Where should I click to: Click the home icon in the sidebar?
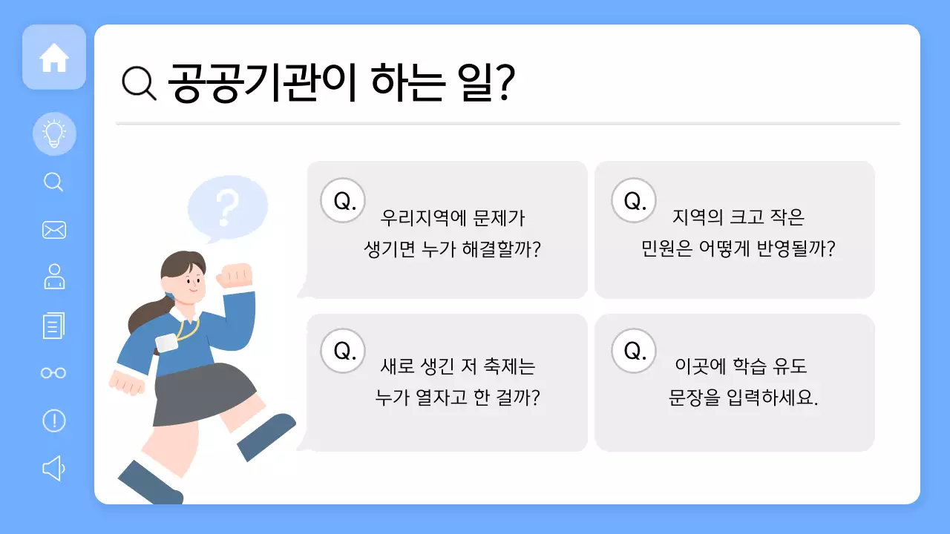[54, 58]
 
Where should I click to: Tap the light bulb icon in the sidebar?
[54, 134]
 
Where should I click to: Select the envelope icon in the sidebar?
[54, 230]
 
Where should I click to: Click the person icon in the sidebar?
[54, 277]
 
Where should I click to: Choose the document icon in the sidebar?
[54, 325]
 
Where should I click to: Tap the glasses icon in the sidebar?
[53, 372]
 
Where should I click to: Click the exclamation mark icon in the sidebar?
[54, 421]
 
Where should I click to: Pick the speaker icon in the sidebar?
[53, 468]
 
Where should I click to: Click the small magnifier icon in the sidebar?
[53, 182]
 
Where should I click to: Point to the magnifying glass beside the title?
[139, 82]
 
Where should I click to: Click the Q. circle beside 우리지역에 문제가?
[343, 200]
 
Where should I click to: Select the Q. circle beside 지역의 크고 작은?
[634, 200]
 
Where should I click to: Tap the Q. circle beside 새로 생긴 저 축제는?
[343, 351]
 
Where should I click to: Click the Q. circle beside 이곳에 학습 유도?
[634, 351]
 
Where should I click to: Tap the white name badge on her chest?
[167, 342]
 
